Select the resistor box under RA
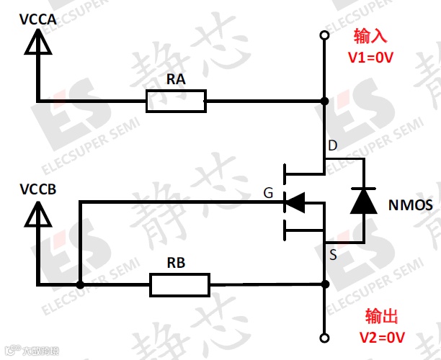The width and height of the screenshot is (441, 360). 176,101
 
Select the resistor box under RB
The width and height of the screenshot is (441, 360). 180,284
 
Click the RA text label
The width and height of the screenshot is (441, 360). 176,80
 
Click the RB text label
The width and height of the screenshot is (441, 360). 175,263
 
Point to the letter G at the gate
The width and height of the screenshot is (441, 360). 269,193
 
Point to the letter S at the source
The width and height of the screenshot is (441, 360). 332,254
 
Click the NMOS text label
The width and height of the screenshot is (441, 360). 410,205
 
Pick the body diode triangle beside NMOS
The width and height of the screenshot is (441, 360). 363,201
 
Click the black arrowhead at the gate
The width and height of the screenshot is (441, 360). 295,202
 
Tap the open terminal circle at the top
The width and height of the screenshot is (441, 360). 325,35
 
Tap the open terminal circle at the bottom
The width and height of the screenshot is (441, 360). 325,337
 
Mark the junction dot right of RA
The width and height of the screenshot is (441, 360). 325,101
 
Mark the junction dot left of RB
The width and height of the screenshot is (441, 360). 80,285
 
